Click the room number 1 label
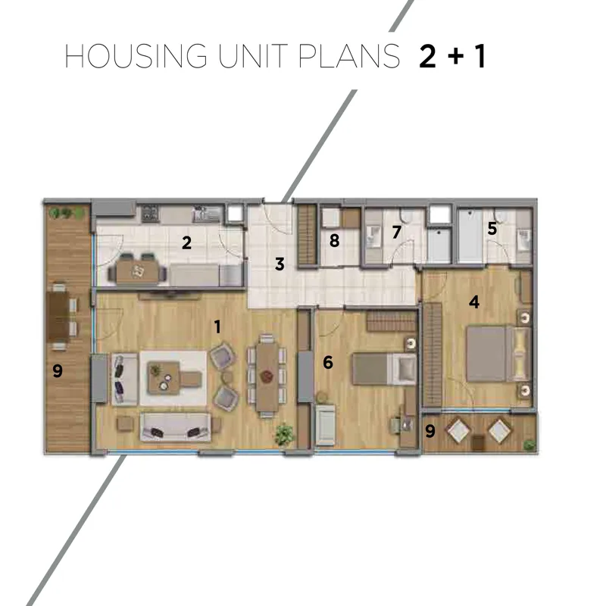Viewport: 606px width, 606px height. point(217,327)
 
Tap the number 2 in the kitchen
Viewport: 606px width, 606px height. point(186,243)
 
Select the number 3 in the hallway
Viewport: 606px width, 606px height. point(280,264)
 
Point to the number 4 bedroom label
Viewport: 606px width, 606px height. point(474,301)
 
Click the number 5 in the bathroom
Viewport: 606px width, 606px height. point(492,229)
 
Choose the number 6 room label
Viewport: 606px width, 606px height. point(328,363)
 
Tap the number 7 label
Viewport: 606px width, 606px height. point(396,232)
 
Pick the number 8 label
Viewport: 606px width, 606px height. point(334,240)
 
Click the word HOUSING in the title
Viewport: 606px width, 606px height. point(136,56)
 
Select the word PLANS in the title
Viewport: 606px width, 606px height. point(349,56)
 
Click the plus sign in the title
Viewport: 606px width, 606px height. point(456,55)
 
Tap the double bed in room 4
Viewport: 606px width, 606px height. point(499,354)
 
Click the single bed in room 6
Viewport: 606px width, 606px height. point(385,369)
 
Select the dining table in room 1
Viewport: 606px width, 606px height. point(267,377)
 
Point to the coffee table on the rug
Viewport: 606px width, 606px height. point(164,377)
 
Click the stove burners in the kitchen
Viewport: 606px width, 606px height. point(150,214)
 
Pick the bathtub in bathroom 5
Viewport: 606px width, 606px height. point(470,236)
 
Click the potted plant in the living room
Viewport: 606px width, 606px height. point(285,434)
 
